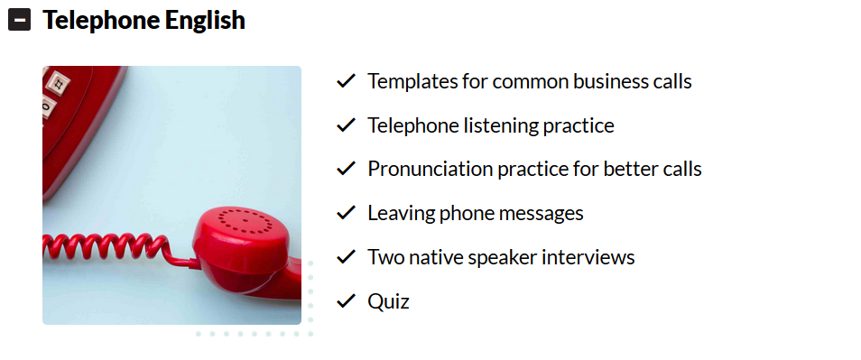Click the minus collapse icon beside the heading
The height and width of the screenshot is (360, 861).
19,21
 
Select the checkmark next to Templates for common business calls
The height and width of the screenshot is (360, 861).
346,81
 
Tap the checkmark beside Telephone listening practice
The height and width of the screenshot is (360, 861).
346,125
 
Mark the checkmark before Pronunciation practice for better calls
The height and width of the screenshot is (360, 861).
346,169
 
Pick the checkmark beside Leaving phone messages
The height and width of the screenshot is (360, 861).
346,213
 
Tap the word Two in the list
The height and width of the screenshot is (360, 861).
384,257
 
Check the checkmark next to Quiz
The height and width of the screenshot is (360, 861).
346,300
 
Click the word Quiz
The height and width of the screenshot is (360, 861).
389,301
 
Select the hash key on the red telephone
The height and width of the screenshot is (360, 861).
58,83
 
